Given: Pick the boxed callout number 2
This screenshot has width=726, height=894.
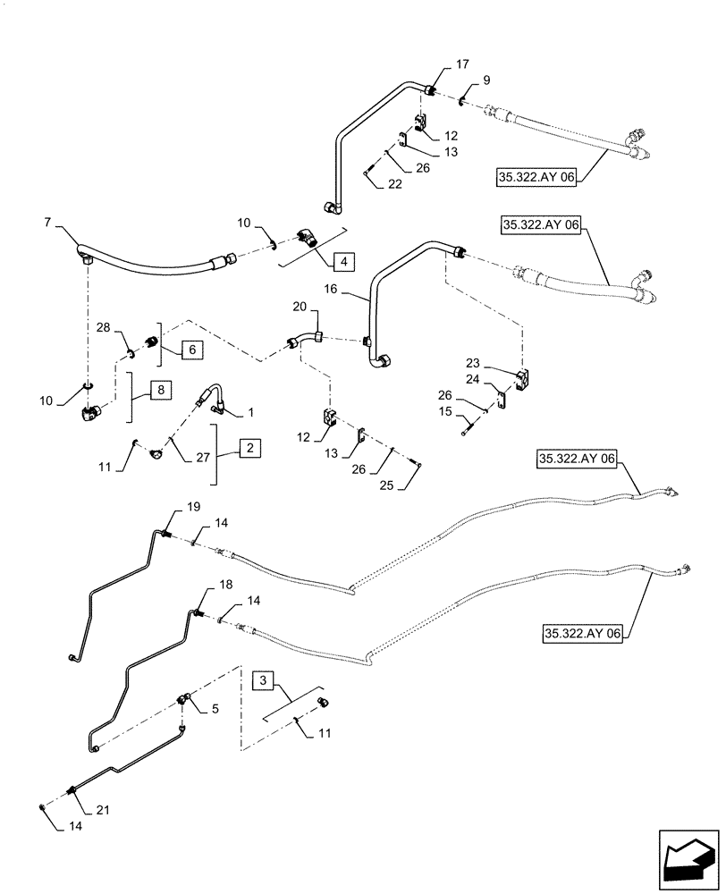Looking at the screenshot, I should [x=251, y=450].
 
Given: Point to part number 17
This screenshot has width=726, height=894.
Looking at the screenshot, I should [x=462, y=63].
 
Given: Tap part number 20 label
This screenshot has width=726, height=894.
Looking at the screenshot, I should [x=299, y=308].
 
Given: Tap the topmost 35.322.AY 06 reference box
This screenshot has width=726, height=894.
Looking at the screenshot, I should [x=535, y=179].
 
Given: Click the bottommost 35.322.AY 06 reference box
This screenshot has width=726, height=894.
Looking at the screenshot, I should [x=581, y=633].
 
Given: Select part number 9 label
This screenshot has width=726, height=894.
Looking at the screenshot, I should [x=486, y=80].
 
